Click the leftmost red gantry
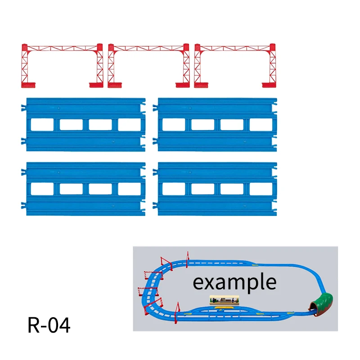point(62,48)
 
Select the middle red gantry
point(148,48)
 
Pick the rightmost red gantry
point(235,48)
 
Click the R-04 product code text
point(49,325)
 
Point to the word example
point(234,283)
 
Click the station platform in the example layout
point(224,300)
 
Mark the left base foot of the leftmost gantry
point(28,85)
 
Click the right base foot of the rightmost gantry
point(269,85)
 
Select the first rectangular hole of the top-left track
point(42,125)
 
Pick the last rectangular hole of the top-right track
point(261,125)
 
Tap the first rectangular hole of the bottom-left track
point(42,189)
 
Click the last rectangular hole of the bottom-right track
point(261,189)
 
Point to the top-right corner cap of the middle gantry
point(186,47)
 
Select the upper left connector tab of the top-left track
point(24,108)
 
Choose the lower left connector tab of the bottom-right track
point(155,205)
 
